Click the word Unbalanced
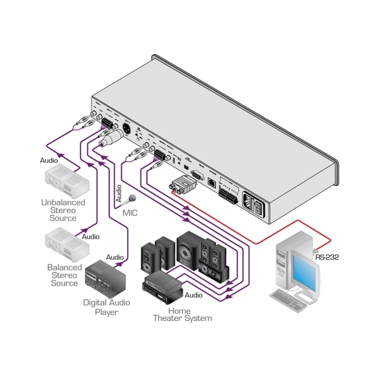[64, 202]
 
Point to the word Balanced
[64, 267]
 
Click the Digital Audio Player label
[106, 307]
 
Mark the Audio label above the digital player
[115, 257]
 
